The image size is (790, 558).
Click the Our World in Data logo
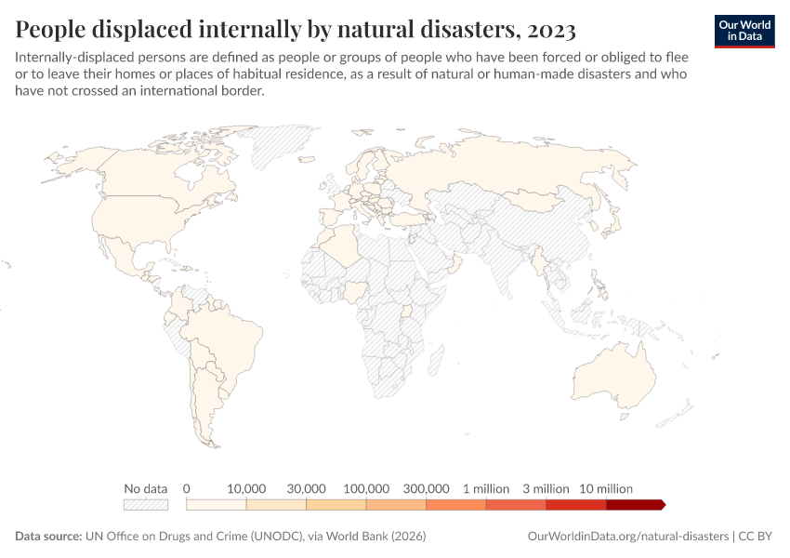click(x=744, y=30)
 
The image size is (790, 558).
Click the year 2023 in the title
click(x=552, y=31)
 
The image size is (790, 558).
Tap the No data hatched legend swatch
click(x=146, y=505)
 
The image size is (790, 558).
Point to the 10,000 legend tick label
click(x=246, y=488)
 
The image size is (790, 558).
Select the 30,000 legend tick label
click(x=306, y=488)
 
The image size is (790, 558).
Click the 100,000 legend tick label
click(x=366, y=488)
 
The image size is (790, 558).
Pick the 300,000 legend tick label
click(x=427, y=488)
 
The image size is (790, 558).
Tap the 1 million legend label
click(x=486, y=488)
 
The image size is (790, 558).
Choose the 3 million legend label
click(x=546, y=488)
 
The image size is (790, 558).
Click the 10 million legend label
click(x=606, y=488)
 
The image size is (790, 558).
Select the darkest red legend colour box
click(x=634, y=505)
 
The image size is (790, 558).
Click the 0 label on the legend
click(x=187, y=488)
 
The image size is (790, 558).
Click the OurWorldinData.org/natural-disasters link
click(x=626, y=537)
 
